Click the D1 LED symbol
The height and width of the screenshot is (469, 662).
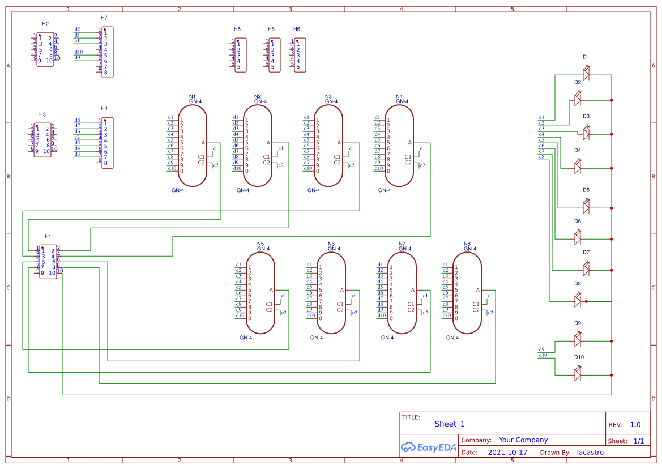tap(586, 74)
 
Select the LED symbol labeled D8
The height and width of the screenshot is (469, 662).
tap(578, 301)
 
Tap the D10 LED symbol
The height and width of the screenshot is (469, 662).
tap(578, 374)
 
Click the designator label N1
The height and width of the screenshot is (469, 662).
tap(192, 96)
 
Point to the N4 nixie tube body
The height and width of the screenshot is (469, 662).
tap(399, 146)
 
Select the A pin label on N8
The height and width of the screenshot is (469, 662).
tap(477, 291)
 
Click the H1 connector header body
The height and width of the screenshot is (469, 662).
tap(48, 262)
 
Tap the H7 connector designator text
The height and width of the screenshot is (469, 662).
tap(104, 18)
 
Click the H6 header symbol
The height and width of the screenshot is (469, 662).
tap(300, 55)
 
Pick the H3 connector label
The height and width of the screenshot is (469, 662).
tap(42, 114)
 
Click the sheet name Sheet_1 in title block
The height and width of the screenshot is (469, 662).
tap(450, 424)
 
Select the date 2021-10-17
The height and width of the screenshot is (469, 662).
tap(507, 453)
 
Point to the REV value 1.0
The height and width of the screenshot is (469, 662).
tap(635, 424)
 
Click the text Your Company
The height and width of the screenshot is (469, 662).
tap(523, 440)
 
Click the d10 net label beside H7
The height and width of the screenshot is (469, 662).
tap(79, 52)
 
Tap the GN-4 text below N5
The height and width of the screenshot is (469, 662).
tap(245, 338)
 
